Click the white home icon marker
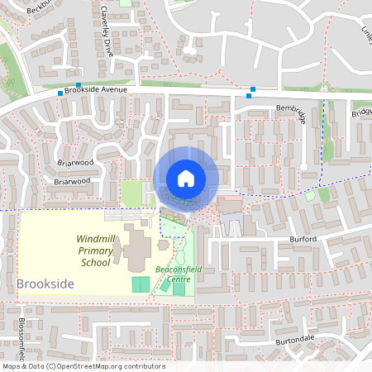pyautogui.click(x=186, y=179)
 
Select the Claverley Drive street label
pyautogui.click(x=106, y=33)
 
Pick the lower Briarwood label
pyautogui.click(x=70, y=180)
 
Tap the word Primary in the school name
pyautogui.click(x=94, y=250)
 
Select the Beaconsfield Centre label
pyautogui.click(x=173, y=274)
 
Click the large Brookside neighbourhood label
pyautogui.click(x=45, y=284)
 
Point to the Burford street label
pyautogui.click(x=303, y=239)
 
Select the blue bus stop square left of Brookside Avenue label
pyautogui.click(x=60, y=93)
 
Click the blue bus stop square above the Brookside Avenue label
pyautogui.click(x=79, y=84)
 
